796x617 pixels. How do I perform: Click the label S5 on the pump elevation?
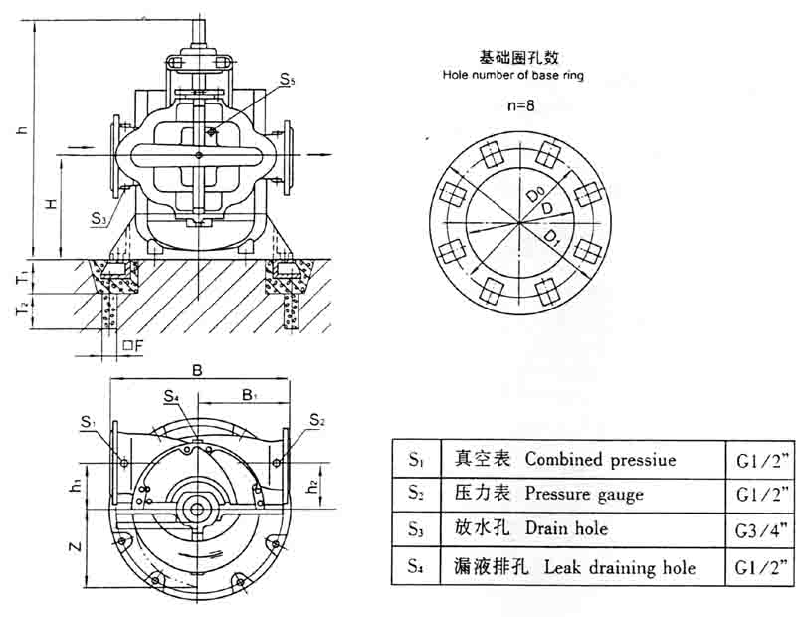[288, 81]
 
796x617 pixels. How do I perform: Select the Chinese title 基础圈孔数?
[511, 58]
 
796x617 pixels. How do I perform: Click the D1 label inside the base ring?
[552, 236]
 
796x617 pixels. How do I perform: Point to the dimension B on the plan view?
[197, 371]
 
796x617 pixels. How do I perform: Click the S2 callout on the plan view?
[316, 420]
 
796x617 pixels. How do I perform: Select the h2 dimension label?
[311, 487]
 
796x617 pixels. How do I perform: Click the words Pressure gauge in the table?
[584, 494]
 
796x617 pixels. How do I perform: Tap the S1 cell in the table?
[416, 460]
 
